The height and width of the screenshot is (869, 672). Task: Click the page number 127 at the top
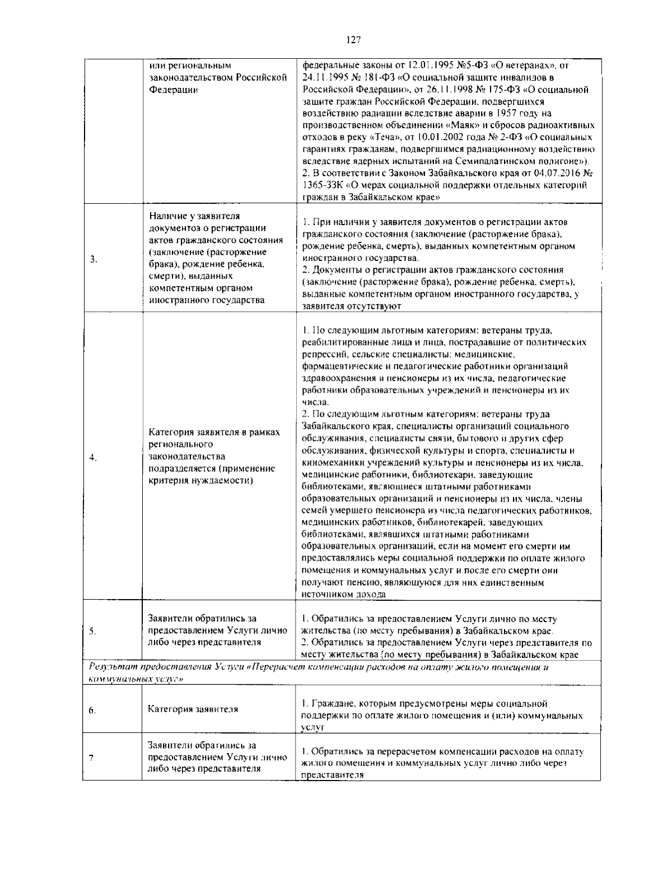353,40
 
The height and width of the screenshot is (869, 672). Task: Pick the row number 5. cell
94,631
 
